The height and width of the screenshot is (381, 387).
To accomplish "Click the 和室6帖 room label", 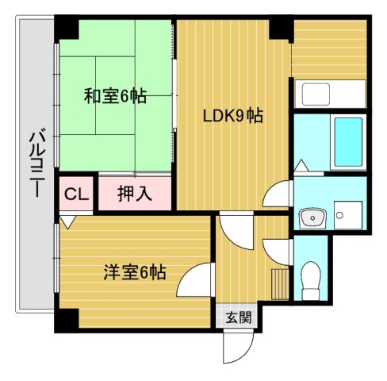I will pos(115,97).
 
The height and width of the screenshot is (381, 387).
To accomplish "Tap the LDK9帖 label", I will pos(233,116).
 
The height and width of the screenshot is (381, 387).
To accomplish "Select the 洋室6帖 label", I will pos(134,271).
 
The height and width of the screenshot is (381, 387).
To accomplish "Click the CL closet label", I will pos(76,193).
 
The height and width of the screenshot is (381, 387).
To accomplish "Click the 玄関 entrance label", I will pos(237,317).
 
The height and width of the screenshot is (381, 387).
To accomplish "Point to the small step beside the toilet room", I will pos(279,283).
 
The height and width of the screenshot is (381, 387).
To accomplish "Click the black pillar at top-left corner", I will pos(67,29).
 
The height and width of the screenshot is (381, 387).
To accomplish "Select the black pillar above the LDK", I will pos(279,29).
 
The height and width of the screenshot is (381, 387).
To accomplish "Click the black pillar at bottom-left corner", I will pos(66,320).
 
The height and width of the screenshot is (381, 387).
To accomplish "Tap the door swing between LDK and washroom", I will pos(277,195).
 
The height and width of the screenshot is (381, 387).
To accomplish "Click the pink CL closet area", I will pos(76,194).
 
